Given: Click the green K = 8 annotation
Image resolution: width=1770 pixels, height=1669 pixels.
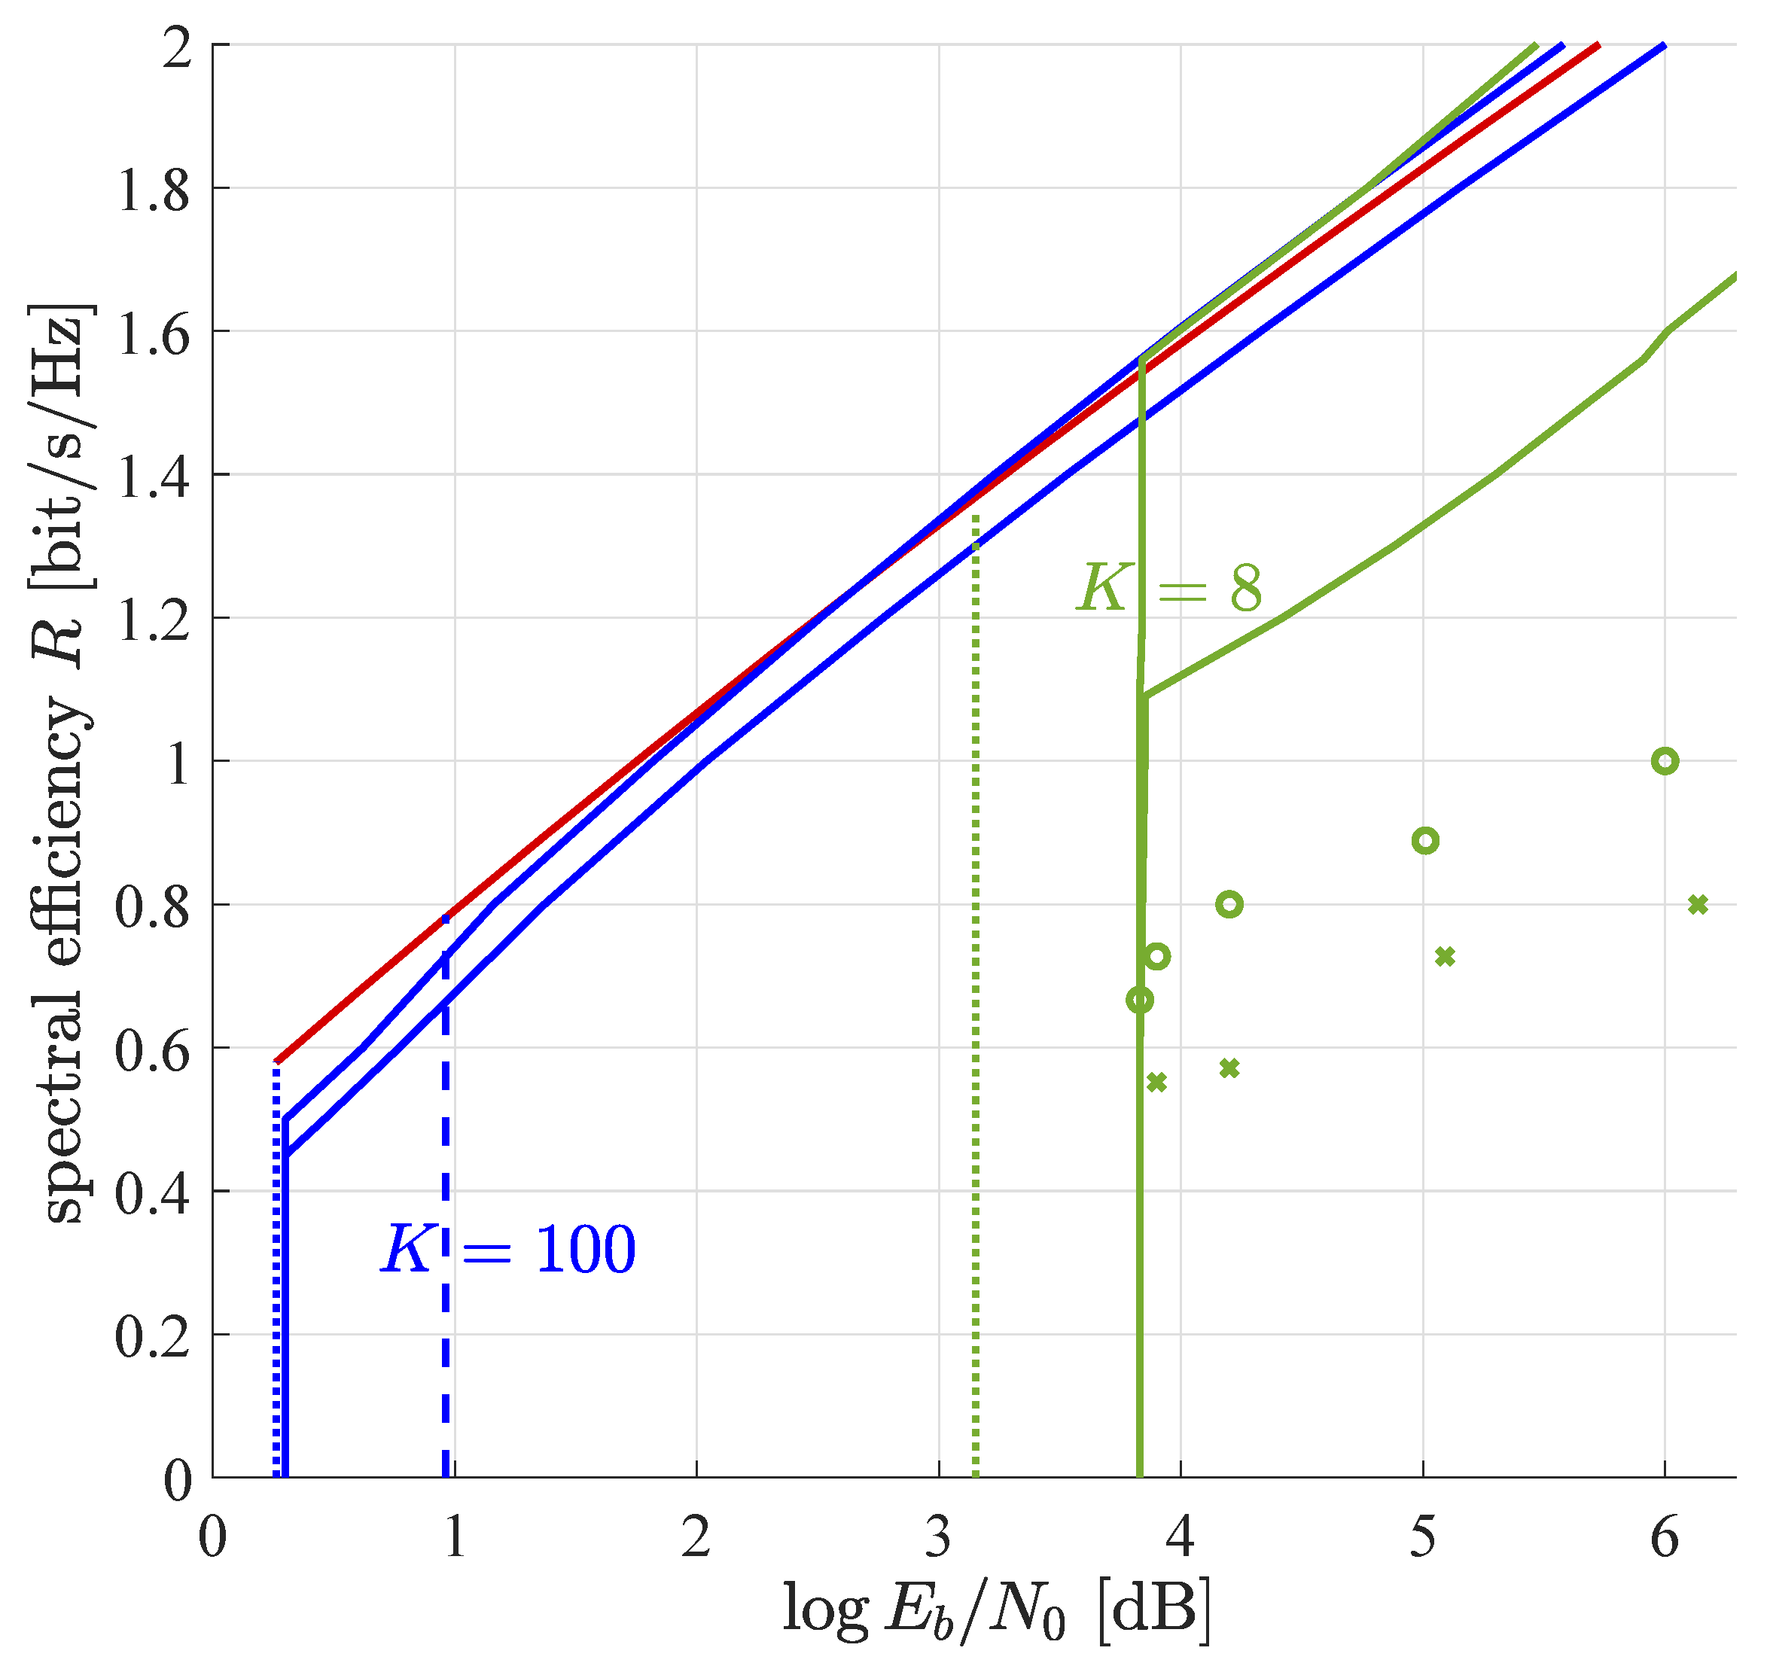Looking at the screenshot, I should (1169, 589).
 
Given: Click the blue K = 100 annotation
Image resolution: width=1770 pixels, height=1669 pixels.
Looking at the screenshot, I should (508, 1250).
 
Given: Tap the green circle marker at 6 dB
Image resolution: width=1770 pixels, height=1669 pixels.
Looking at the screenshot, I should (1664, 761).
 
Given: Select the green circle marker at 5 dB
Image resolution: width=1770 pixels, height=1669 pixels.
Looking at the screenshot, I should (1424, 840).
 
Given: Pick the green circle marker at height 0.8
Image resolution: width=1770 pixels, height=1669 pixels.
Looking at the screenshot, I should (1229, 904).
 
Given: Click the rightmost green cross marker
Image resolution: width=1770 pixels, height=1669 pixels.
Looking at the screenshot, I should (1697, 904).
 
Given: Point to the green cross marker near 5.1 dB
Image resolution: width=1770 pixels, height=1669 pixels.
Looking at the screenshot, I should (1445, 957).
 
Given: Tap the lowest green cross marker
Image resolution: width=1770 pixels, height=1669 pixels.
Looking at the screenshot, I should (1156, 1083).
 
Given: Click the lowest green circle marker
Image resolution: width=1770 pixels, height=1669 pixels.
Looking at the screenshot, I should (1140, 1000).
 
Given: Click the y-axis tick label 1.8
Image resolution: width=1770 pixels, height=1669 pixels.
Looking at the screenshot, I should (152, 189).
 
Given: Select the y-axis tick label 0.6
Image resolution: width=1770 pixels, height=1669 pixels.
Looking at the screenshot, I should (152, 1049).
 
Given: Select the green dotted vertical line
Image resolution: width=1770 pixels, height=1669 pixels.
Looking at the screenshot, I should (976, 979).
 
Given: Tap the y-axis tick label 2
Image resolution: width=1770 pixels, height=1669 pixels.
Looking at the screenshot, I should (177, 46).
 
